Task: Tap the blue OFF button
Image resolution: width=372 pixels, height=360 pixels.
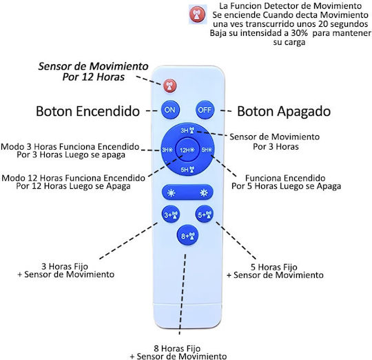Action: [x=205, y=110]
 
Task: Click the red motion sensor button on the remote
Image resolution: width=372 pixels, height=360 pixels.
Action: [x=170, y=86]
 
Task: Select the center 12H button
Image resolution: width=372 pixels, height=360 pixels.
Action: [x=187, y=150]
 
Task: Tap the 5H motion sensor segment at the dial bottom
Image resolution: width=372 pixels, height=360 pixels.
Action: [x=187, y=170]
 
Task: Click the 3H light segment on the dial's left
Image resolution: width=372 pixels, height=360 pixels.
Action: [x=167, y=150]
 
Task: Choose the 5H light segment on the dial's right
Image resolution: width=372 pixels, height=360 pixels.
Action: [x=207, y=150]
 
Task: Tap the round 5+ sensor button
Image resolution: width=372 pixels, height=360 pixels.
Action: [x=205, y=214]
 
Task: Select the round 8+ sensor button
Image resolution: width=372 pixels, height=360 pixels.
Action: [x=187, y=235]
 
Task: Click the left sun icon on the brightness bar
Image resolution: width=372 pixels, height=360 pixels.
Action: [x=171, y=193]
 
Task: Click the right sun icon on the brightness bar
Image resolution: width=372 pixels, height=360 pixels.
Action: [x=204, y=193]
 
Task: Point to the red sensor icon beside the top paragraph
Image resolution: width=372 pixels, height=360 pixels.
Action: [x=198, y=14]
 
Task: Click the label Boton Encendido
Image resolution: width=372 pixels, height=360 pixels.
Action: [x=87, y=111]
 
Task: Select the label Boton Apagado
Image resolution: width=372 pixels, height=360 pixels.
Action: [x=284, y=111]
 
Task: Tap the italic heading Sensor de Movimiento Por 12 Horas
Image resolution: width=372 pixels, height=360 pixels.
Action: [x=94, y=72]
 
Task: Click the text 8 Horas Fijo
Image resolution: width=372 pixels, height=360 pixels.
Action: [x=177, y=348]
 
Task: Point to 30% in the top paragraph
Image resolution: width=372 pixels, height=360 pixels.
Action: [x=300, y=33]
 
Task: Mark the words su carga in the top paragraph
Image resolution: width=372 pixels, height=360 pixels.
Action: [x=289, y=42]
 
